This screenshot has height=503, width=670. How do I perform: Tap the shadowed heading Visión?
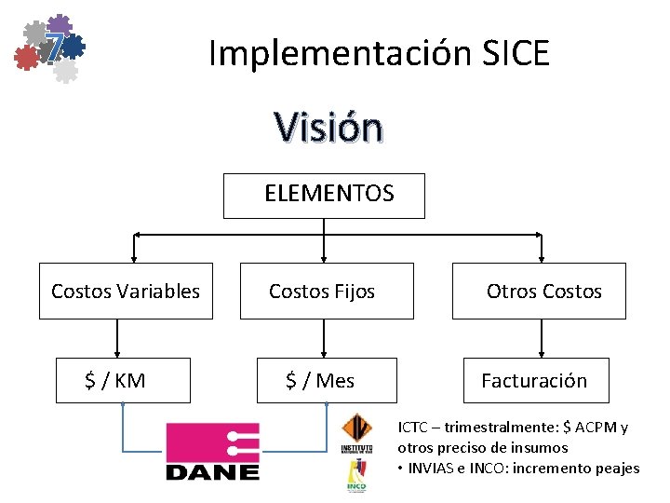pos(328,128)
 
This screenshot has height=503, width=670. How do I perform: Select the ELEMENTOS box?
pos(324,195)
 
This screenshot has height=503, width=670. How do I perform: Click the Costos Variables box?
pos(126,292)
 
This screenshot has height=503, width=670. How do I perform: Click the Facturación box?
pos(534,380)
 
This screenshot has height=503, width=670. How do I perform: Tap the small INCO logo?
pos(355,479)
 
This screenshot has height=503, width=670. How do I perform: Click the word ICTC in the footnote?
pos(413,428)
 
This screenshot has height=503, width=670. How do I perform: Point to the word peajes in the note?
pos(617,468)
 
